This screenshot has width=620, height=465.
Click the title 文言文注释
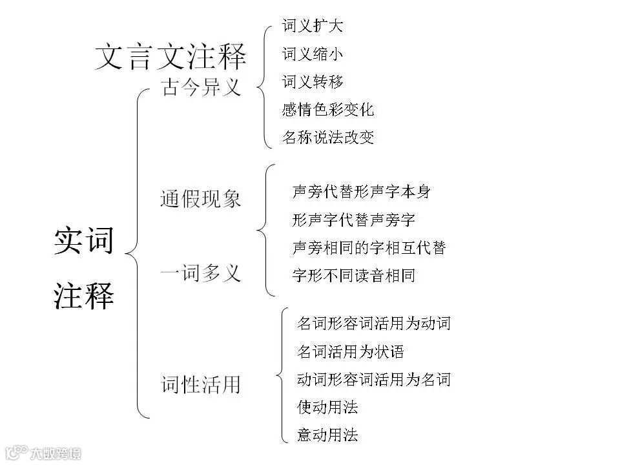point(170,57)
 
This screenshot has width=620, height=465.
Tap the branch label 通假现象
point(201,198)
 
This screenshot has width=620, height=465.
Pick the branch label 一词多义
point(201,273)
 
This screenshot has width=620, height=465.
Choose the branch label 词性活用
point(201,385)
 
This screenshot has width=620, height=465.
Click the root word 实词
point(84,241)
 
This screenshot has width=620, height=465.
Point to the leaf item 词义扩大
point(313,26)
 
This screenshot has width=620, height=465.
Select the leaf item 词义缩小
point(313,54)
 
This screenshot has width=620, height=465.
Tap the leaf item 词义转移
point(313,82)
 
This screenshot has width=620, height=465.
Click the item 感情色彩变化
point(328,110)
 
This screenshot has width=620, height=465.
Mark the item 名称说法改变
point(328,138)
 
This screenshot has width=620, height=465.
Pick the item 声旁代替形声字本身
point(361,192)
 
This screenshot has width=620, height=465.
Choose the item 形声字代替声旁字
point(353,220)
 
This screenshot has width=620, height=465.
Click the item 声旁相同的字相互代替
point(369,247)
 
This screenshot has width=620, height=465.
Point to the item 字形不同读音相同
point(353,276)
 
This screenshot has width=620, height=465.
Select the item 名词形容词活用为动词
point(373,324)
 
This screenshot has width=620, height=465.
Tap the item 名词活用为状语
point(350,351)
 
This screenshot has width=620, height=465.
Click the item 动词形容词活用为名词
point(373,379)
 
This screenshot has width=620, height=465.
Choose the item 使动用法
point(327,407)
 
